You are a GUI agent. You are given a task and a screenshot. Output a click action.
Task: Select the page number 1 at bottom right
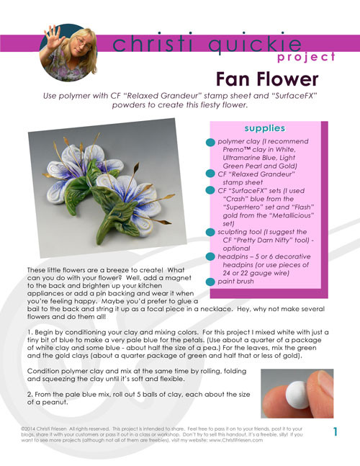coord(336,431)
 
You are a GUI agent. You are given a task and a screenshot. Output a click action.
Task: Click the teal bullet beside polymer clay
coord(211,142)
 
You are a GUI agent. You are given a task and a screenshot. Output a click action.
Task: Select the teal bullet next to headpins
coord(211,258)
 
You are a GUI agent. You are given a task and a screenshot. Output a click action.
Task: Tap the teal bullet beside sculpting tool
coord(211,232)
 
